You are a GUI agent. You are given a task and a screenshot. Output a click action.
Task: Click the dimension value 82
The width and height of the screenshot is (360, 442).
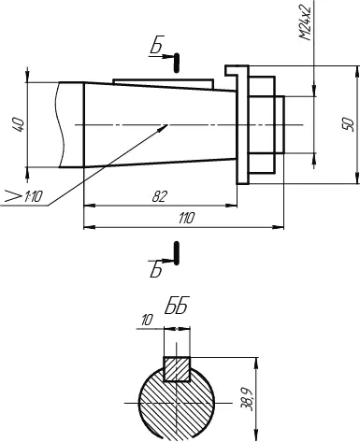tap(159, 196)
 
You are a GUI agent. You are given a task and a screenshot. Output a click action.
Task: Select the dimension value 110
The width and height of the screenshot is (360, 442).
tap(186, 219)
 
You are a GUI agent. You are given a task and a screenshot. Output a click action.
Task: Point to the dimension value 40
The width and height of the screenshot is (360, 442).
tap(18, 124)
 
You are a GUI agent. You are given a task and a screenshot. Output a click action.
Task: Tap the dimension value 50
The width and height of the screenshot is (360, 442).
tap(347, 124)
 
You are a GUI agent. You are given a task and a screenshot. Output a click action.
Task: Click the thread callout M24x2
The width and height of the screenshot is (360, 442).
tap(306, 22)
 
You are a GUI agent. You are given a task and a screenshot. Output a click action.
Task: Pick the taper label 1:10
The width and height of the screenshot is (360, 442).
tap(33, 197)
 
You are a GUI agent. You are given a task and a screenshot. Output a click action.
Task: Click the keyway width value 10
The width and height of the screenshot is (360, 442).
tap(147, 321)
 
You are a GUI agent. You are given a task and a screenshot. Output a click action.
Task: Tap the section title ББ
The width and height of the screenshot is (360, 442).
tap(177, 306)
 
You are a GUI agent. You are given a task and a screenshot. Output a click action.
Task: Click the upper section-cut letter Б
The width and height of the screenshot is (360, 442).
tap(156, 47)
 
